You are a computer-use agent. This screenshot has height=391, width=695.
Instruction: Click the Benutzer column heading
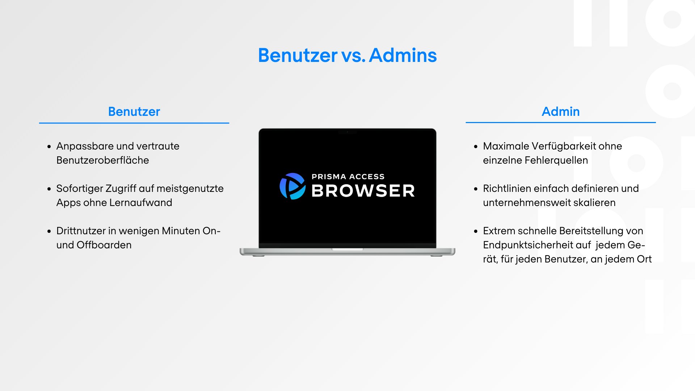[x=134, y=112]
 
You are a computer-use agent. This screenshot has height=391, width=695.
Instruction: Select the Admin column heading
[x=560, y=112]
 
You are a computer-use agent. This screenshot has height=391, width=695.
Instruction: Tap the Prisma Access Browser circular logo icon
[x=292, y=186]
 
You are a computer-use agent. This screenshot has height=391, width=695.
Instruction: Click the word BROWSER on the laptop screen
[x=363, y=191]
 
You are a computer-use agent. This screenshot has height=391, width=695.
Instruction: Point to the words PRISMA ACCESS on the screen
[x=348, y=177]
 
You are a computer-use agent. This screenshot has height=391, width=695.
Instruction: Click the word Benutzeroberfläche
[x=102, y=160]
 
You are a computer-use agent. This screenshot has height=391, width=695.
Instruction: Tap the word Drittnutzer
[x=81, y=231]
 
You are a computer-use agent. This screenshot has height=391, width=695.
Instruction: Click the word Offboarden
[x=104, y=245]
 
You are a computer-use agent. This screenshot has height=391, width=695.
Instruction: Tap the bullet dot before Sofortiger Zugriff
[x=49, y=189]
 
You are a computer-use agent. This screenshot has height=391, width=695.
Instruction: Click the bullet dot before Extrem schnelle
[x=476, y=231]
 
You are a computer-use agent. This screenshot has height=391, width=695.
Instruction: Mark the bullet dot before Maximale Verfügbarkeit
[x=476, y=147]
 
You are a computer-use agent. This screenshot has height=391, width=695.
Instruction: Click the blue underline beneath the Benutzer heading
[x=134, y=123]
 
